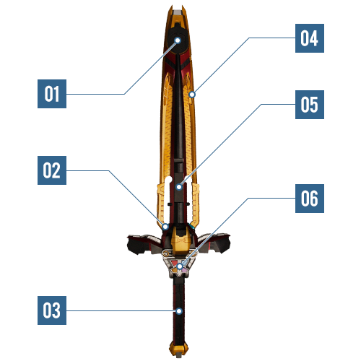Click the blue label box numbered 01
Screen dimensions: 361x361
click(52, 94)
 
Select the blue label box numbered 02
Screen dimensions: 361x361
click(52, 170)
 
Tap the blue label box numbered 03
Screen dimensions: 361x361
click(52, 310)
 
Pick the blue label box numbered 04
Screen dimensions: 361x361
click(310, 38)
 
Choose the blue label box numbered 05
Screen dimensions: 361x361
click(310, 105)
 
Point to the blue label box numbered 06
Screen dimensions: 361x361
click(310, 199)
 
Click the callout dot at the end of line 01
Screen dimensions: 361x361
click(178, 40)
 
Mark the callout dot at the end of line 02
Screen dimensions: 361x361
click(165, 227)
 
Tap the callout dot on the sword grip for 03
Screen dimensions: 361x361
click(179, 311)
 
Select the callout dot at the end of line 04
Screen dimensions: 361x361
click(192, 95)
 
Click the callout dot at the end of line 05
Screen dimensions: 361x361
click(179, 187)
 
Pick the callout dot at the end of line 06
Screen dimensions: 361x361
click(180, 266)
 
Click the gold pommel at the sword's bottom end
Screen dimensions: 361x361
click(178, 349)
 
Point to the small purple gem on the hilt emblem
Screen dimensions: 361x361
click(185, 270)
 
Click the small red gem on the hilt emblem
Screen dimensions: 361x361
click(175, 262)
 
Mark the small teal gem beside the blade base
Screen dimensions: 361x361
click(192, 226)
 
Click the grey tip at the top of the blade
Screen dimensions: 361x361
click(178, 12)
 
